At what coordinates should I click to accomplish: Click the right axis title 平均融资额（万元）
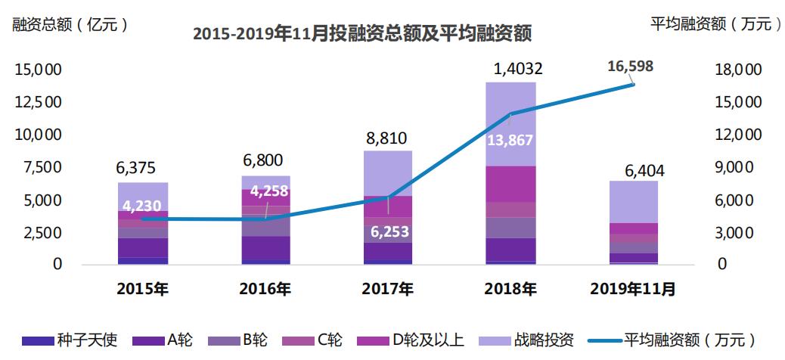(x=715, y=23)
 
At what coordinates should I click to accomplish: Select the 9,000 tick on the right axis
(x=731, y=167)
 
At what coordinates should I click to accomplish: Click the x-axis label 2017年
(x=388, y=289)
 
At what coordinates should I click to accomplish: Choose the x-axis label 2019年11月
(x=633, y=289)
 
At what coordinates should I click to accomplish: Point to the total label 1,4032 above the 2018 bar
(x=510, y=70)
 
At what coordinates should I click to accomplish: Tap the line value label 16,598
(x=630, y=67)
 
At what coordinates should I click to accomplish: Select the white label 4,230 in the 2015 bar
(x=143, y=205)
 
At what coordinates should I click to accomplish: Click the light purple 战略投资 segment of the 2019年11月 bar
(x=633, y=201)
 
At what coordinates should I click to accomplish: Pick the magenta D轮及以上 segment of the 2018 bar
(x=510, y=184)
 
